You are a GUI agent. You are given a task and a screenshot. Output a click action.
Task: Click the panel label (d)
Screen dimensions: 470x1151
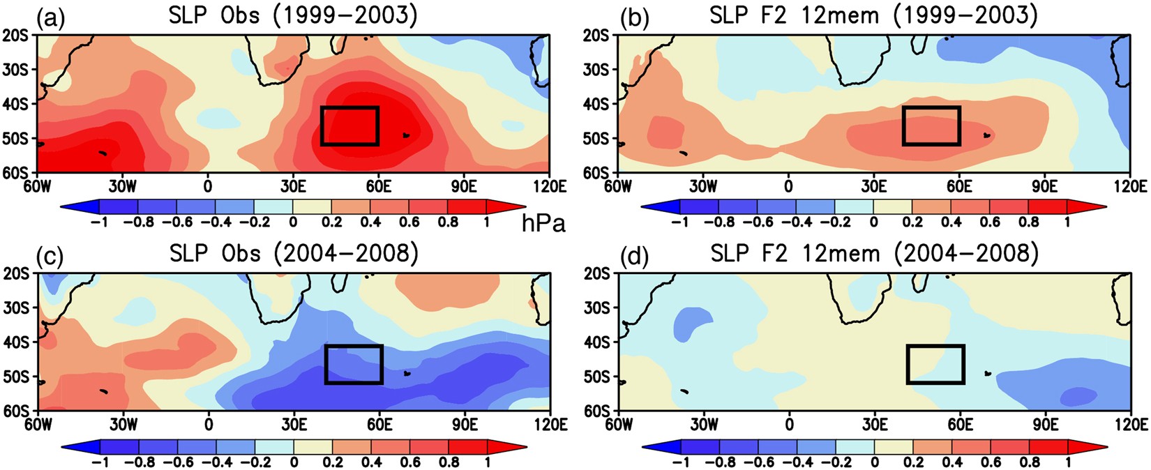[x=634, y=256]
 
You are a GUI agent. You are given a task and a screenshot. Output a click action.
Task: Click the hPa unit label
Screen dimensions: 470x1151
[x=543, y=224]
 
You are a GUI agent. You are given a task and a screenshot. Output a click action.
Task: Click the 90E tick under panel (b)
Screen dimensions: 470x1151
[x=1044, y=186]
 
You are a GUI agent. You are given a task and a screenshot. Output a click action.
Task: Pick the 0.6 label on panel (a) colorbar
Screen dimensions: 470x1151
[x=409, y=222]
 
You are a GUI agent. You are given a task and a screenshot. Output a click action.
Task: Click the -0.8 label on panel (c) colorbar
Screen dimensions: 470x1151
[x=139, y=461]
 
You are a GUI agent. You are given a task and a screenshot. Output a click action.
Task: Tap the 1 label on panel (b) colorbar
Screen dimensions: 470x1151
[x=1067, y=222]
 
